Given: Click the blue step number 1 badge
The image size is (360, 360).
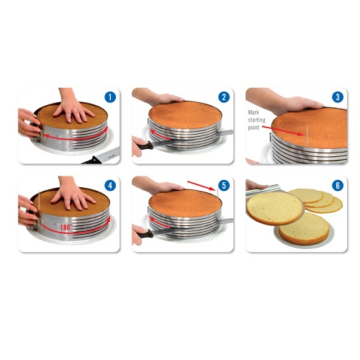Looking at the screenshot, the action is pos(110,97).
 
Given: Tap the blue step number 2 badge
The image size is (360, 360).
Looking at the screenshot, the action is pos(224,97).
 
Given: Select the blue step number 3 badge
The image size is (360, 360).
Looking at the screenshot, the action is pos(338,97).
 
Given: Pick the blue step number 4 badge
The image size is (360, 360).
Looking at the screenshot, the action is pos(110,186).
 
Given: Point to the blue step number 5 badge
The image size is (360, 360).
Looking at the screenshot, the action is pos(224,186).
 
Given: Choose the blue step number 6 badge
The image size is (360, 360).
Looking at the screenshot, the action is pos(338,186).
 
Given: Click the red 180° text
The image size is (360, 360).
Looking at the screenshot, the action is pos(66,227).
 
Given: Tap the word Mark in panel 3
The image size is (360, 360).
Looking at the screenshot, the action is pos(253,112).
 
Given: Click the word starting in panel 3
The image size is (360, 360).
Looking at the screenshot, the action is pos(256,120).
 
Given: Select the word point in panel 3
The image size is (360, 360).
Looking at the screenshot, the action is pos(253,127).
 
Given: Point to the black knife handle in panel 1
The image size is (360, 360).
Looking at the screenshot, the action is pos(92,161).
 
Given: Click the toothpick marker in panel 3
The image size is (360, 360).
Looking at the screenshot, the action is pos(307,134).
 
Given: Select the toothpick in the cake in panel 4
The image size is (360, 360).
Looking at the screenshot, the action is pos(39,199).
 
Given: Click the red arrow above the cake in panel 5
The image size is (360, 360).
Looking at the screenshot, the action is pos(202,186).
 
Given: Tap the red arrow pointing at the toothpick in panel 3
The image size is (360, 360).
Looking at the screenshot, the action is pos(283,130).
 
